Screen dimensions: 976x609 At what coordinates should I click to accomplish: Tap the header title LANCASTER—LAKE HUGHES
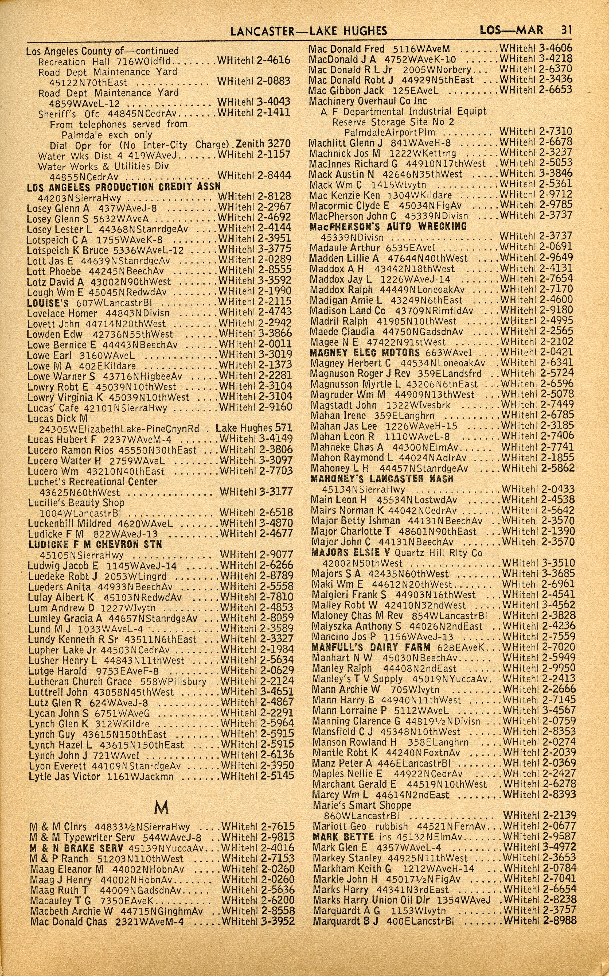click(309, 31)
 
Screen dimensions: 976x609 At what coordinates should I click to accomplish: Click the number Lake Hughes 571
click(254, 428)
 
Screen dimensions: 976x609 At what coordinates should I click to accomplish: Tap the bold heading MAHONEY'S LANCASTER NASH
click(382, 479)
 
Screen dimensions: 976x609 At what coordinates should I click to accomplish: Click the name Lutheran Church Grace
click(80, 682)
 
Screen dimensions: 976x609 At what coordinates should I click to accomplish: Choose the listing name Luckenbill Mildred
click(69, 524)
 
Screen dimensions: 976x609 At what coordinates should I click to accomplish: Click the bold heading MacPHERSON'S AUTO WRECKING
click(388, 226)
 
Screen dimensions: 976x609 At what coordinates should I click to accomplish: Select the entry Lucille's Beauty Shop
click(76, 502)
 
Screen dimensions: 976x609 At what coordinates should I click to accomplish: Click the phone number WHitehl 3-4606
click(536, 48)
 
